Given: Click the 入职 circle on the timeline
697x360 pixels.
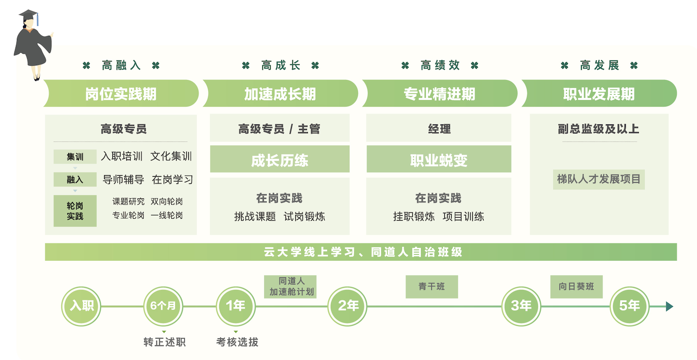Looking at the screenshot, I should tap(81, 306).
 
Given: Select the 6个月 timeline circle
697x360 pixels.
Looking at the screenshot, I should tap(163, 306).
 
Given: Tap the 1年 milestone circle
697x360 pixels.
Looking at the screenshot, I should tap(235, 306).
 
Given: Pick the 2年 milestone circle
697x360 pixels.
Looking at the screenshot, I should tap(348, 306).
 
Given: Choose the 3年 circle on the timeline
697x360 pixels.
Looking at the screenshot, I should tap(521, 306).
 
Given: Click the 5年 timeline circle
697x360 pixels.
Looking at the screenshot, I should tap(629, 306).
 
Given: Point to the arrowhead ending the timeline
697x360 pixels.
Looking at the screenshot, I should tap(669, 306).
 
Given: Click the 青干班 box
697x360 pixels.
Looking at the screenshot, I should tap(431, 286).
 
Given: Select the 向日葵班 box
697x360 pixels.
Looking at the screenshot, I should tap(576, 286).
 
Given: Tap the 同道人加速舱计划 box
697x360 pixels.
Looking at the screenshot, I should tap(290, 286).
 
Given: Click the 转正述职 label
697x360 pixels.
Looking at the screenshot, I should tap(165, 342).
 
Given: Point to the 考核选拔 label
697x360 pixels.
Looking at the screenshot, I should tap(237, 342).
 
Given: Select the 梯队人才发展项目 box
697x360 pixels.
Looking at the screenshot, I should tap(599, 179).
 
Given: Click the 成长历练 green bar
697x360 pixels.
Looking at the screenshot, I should tap(279, 159).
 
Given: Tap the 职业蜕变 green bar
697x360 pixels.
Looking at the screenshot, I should tap(439, 159).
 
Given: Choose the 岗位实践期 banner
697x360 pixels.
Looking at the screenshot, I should tap(121, 93).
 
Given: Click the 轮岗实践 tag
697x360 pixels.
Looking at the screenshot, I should tap(75, 211).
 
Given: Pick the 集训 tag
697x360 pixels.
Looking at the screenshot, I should tap(75, 157).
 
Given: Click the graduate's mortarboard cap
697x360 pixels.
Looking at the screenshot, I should tap(29, 15).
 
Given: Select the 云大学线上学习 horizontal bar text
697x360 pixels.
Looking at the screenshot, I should tap(361, 252).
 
